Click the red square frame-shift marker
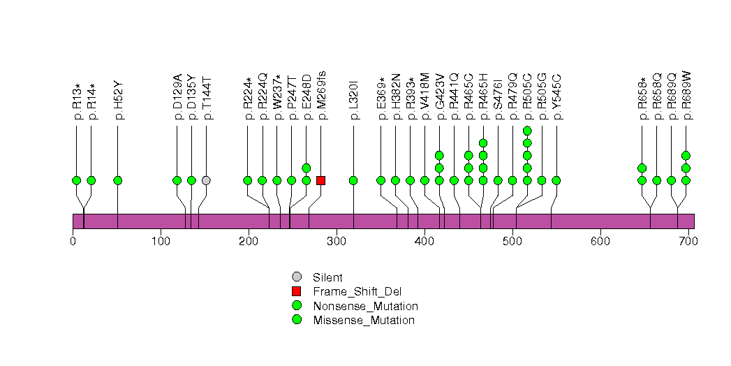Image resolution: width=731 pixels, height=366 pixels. coord(320,180)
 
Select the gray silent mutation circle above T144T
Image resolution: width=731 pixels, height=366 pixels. coord(206,180)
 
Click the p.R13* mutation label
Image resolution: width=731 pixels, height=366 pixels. coord(77,101)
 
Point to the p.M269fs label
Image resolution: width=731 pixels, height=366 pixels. coord(321,96)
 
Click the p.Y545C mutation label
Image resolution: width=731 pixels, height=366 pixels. coord(556,98)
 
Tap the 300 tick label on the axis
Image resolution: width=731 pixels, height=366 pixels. coord(337,242)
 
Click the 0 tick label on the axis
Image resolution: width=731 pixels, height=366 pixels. coord(73,242)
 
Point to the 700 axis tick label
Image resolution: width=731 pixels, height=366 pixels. coord(688,242)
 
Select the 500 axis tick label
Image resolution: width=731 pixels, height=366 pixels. coord(512,242)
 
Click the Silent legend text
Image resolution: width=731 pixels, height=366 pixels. coord(328,277)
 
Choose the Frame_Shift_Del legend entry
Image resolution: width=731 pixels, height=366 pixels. coord(357,291)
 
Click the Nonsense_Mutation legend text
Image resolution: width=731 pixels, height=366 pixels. coord(365,306)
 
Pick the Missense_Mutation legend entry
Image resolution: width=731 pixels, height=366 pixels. coord(364,321)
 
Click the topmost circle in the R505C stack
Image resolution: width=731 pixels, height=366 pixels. coord(527,131)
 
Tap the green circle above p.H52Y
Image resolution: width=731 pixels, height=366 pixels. coord(118,180)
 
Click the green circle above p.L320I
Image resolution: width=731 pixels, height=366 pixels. coord(353,180)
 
